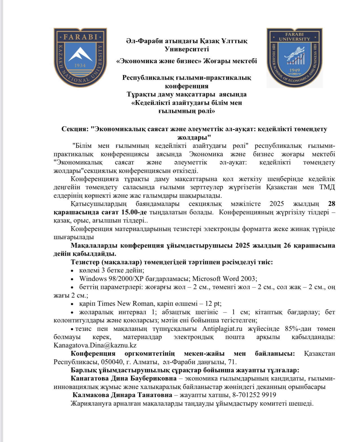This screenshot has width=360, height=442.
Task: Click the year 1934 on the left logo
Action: (x=80, y=65)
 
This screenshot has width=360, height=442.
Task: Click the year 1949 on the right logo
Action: (x=295, y=70)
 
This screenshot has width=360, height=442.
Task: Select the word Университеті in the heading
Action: (x=187, y=49)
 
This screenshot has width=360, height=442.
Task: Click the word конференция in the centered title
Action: (x=187, y=86)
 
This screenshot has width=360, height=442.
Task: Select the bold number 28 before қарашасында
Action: (x=332, y=204)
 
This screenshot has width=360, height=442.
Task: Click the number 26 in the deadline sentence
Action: (x=287, y=245)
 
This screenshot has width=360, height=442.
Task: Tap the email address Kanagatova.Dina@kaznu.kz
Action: (x=95, y=345)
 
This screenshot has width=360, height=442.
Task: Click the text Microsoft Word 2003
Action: (x=224, y=279)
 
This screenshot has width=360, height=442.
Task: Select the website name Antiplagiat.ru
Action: (x=222, y=329)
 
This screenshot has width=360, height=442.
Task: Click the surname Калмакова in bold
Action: (x=90, y=395)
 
